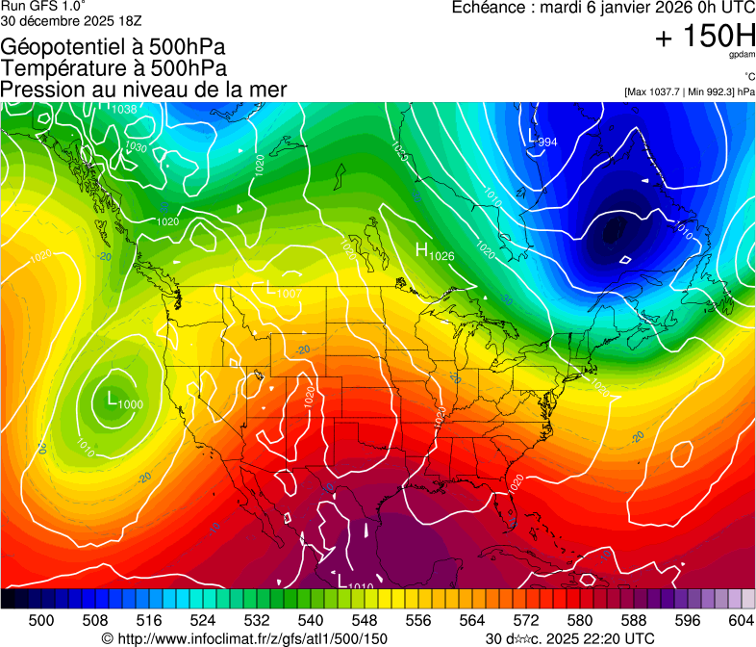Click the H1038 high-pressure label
click(116, 108)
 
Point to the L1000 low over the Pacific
click(124, 401)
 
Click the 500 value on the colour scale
click(41, 618)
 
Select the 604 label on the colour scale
click(741, 618)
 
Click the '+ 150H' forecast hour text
click(705, 38)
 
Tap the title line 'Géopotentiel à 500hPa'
click(113, 47)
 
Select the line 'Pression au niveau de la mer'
click(143, 90)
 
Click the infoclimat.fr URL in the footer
click(244, 638)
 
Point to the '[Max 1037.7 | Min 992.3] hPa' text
click(689, 91)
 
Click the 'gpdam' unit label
click(741, 57)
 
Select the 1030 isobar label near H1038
click(136, 148)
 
